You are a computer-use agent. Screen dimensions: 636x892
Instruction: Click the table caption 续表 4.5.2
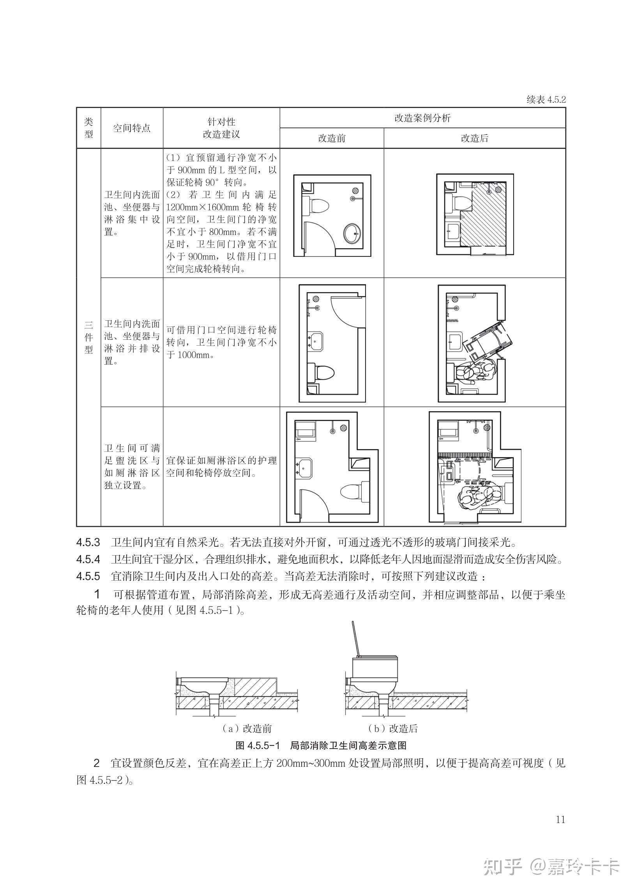546,99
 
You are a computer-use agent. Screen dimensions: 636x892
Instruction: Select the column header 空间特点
132,128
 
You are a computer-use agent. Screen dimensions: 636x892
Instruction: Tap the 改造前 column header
332,138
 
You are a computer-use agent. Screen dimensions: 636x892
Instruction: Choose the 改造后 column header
474,138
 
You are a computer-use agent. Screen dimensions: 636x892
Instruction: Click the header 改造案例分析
422,118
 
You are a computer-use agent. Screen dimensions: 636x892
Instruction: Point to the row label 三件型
89,337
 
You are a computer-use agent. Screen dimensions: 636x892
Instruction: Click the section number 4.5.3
88,543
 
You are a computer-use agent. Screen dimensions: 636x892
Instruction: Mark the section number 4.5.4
88,560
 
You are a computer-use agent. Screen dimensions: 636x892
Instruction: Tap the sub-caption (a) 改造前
247,729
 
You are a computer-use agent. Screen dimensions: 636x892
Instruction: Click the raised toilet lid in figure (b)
355,638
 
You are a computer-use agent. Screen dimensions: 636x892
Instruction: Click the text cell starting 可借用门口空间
221,342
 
